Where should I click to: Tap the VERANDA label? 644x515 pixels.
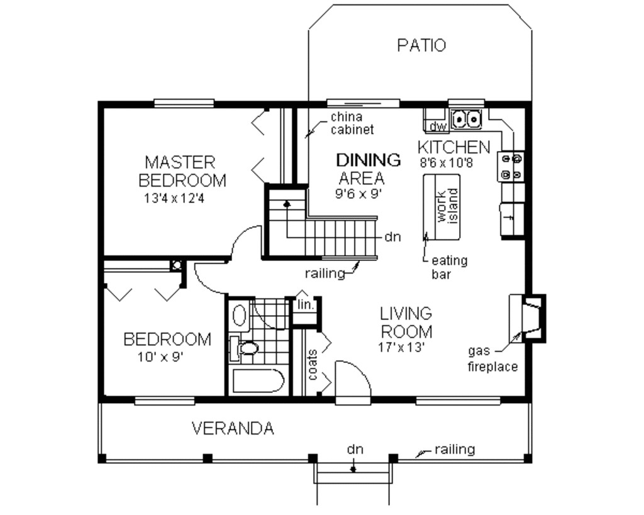tap(233, 429)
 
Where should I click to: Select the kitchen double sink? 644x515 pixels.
tap(466, 117)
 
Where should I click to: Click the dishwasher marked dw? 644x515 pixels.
tap(437, 127)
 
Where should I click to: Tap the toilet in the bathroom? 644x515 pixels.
tap(246, 348)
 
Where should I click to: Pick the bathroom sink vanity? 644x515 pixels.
tap(238, 314)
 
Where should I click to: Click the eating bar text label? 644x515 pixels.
tap(449, 267)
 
